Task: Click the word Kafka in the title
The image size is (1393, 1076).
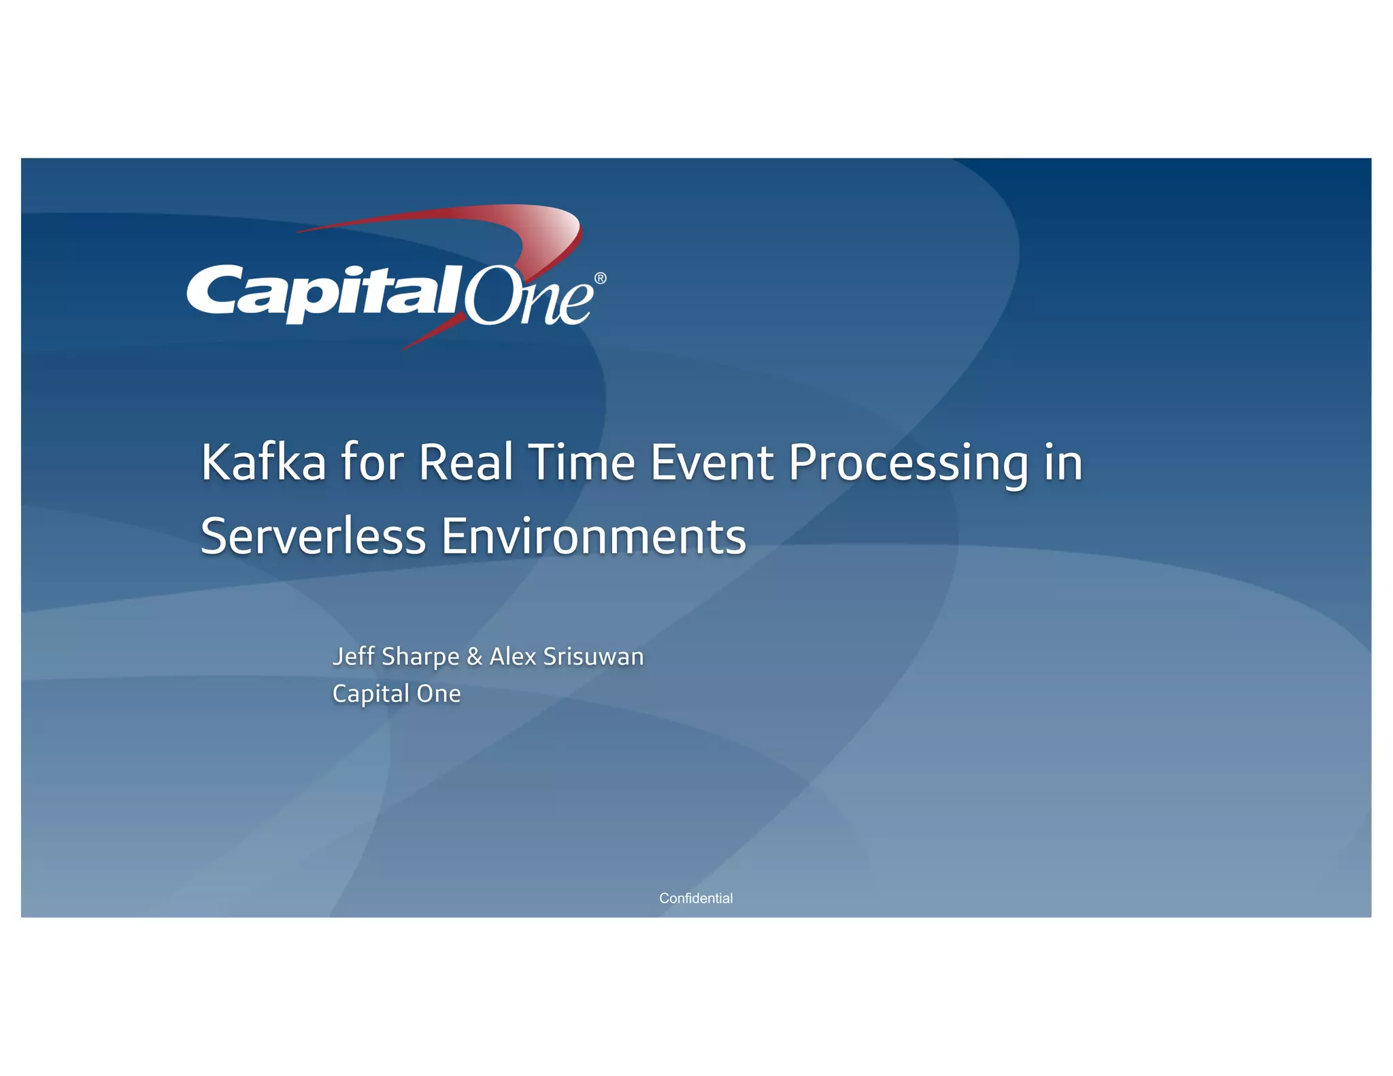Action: [x=263, y=463]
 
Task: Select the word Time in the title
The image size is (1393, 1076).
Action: [x=582, y=463]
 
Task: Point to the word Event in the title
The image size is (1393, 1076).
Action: [x=711, y=463]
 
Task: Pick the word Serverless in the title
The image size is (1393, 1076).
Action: [x=313, y=537]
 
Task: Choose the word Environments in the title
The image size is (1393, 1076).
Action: [x=593, y=537]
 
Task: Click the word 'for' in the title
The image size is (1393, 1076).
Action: [x=372, y=463]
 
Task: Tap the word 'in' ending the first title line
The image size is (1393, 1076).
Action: [x=1063, y=463]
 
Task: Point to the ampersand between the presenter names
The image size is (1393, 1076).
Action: [x=474, y=657]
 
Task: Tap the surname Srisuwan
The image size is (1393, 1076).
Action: [x=593, y=656]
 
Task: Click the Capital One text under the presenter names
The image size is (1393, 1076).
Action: [x=397, y=694]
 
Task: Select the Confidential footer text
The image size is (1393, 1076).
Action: [x=696, y=898]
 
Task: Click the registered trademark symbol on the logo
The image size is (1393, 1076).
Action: [x=600, y=278]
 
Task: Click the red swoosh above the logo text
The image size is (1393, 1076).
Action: [x=476, y=218]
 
